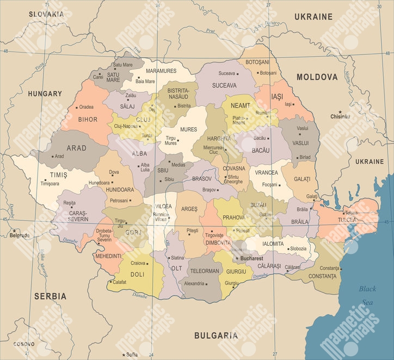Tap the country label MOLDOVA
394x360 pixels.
click(x=317, y=77)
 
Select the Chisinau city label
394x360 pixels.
click(x=340, y=116)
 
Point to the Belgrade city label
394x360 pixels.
click(x=20, y=235)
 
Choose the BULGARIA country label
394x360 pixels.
click(x=216, y=336)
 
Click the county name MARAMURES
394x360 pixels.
click(x=161, y=71)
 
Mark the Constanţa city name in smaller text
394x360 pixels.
click(x=330, y=268)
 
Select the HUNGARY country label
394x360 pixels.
click(x=45, y=94)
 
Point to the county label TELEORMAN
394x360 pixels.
click(x=205, y=271)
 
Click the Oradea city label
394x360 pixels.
click(x=86, y=107)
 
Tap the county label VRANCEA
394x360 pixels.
click(x=266, y=172)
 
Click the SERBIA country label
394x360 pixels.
click(x=50, y=296)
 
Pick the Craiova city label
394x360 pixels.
click(x=138, y=263)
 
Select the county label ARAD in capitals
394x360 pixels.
click(x=76, y=148)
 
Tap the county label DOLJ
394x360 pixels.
click(x=138, y=275)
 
